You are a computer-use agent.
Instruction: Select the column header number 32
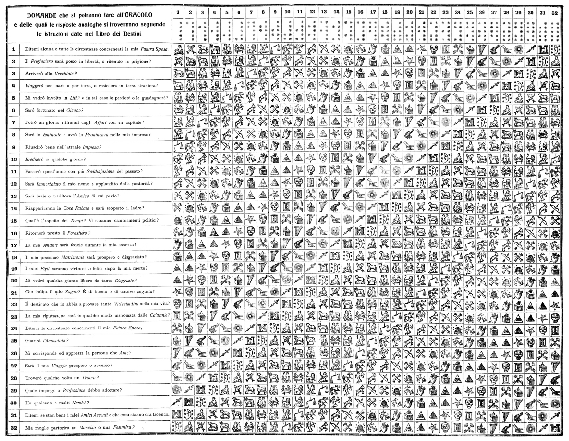pos(554,12)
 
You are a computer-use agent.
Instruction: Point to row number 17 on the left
pos(14,245)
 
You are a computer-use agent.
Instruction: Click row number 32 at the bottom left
pos(14,427)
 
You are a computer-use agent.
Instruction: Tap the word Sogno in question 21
pos(81,291)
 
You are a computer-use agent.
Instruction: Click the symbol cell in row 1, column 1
pos(177,48)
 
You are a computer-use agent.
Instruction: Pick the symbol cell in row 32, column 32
pos(554,427)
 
